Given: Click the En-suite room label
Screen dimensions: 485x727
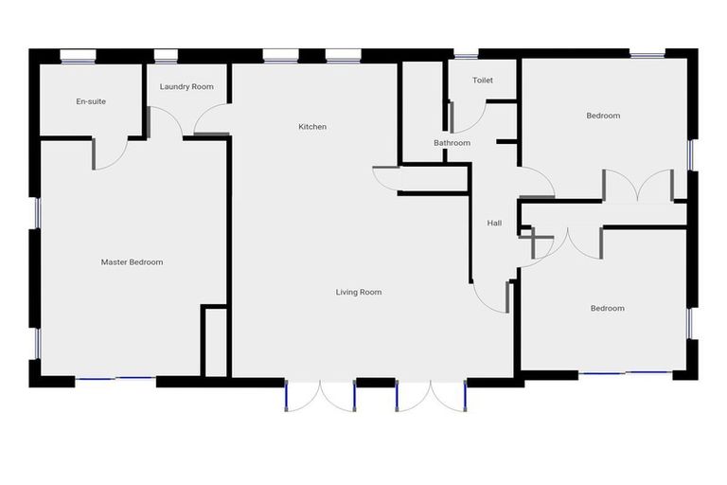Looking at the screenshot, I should [x=91, y=101].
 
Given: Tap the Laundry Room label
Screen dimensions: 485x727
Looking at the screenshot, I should [x=186, y=87].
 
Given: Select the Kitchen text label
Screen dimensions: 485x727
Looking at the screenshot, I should [x=312, y=127].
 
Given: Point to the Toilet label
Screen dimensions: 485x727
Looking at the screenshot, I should [x=483, y=81].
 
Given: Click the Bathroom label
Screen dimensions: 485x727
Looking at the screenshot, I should [x=452, y=143].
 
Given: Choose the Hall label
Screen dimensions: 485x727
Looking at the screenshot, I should [x=494, y=224].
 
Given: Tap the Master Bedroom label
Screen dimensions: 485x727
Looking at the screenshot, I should [x=132, y=262].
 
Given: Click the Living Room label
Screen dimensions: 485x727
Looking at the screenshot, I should [x=359, y=292].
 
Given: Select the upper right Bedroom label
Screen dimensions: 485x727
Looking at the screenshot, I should [x=603, y=116].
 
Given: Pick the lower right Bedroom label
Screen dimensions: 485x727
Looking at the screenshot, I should [x=608, y=308].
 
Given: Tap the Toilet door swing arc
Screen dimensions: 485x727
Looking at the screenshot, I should [x=469, y=117].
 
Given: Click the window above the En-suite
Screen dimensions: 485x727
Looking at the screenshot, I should [x=78, y=56].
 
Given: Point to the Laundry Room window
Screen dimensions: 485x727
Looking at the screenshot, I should [x=167, y=56].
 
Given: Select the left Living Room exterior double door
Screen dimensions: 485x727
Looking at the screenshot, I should [x=320, y=395].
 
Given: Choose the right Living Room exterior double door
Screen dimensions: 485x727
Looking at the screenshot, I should [x=431, y=395].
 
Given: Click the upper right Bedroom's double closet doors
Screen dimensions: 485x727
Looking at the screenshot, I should [x=638, y=186].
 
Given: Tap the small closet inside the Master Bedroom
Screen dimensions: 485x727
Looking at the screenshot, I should [x=215, y=341].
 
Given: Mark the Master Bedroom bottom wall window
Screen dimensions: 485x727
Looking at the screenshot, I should [x=115, y=379].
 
